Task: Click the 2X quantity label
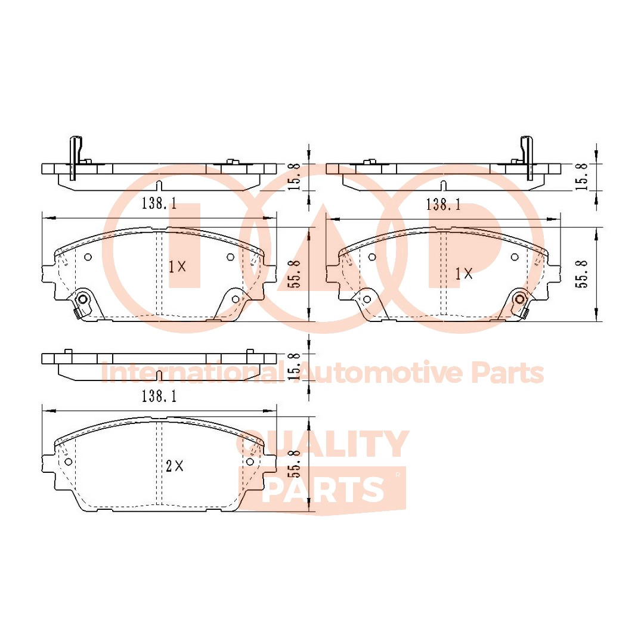174,467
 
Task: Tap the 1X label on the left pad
177,267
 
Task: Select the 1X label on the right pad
463,274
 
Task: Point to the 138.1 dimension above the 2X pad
159,395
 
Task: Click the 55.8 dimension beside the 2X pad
293,464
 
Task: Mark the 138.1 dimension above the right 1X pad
443,205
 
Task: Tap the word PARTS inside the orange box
323,490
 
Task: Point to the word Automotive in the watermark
382,373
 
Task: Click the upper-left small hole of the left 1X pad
88,257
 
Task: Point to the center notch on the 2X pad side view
159,375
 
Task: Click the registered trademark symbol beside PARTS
398,475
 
